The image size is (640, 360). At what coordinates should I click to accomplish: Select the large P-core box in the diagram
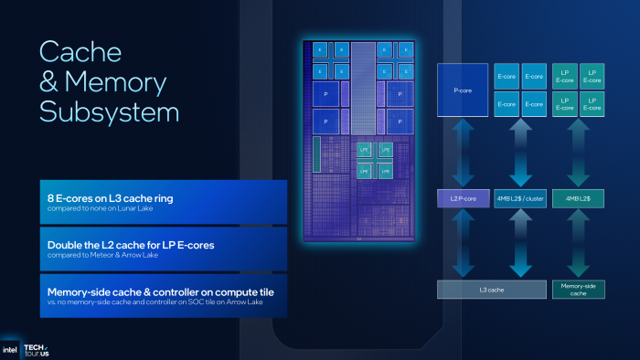(x=462, y=90)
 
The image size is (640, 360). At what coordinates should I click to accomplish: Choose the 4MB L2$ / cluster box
(x=519, y=197)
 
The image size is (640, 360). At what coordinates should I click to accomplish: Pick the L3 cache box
(x=490, y=289)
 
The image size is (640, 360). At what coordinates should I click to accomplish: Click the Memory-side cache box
(x=578, y=289)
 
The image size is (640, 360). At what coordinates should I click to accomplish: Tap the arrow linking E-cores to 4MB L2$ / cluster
(x=519, y=151)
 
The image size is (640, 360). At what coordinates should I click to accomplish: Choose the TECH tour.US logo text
(x=36, y=349)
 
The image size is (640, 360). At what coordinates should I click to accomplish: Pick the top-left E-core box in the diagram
(x=507, y=75)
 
